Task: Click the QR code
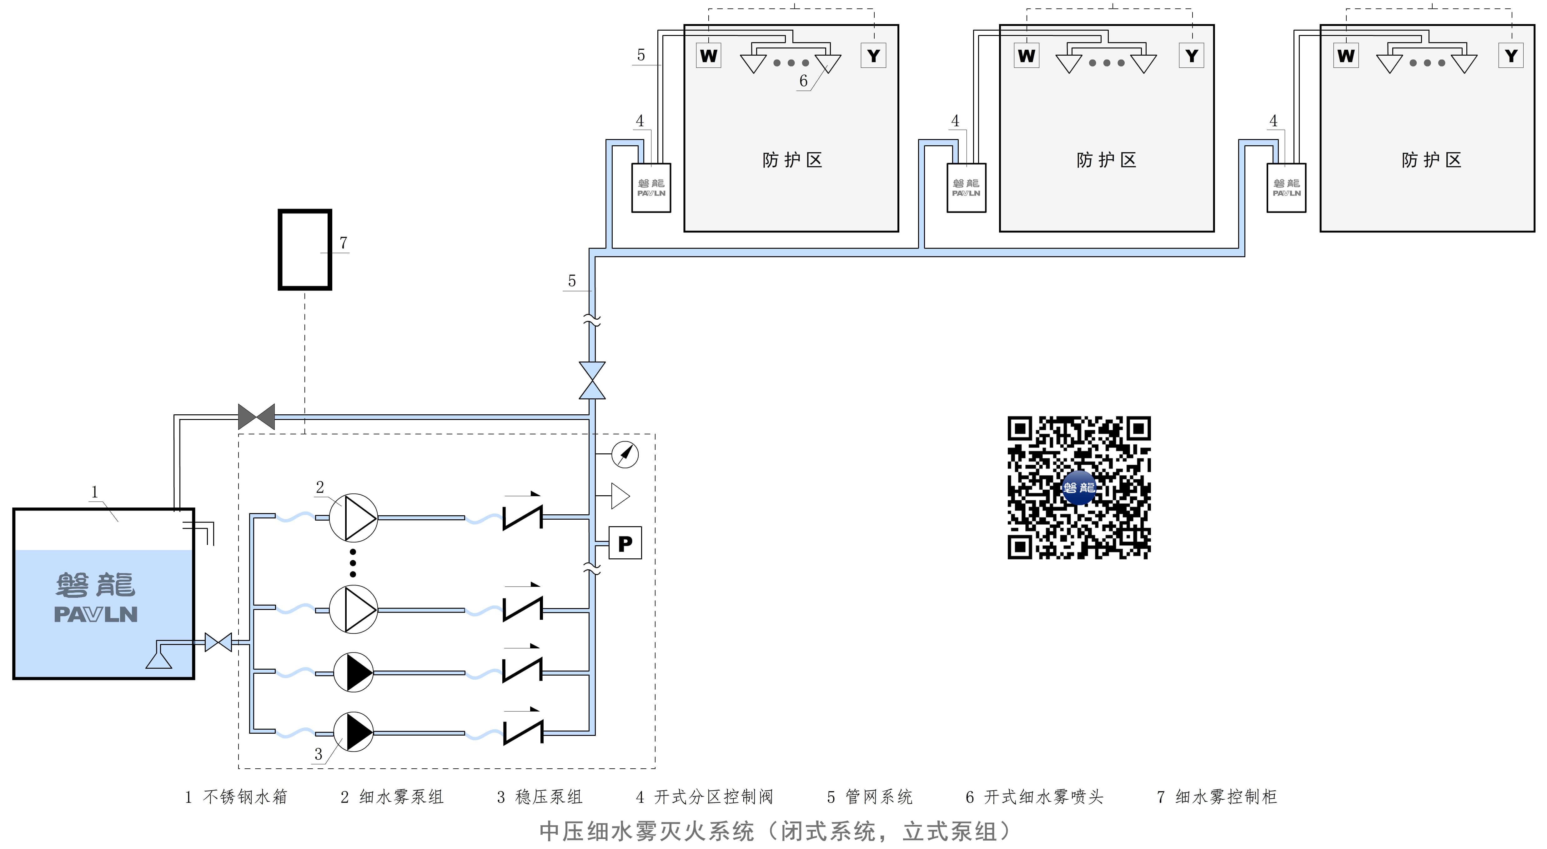[1078, 487]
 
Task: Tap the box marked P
[625, 543]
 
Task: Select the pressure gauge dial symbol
[625, 455]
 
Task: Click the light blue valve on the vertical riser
[592, 380]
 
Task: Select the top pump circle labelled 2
[353, 517]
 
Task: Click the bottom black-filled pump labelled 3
[353, 732]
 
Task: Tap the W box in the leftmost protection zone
[709, 56]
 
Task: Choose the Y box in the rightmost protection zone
[1511, 56]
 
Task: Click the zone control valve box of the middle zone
[966, 188]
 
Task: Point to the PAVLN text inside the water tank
[96, 614]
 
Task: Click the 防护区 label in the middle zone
[1106, 160]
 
